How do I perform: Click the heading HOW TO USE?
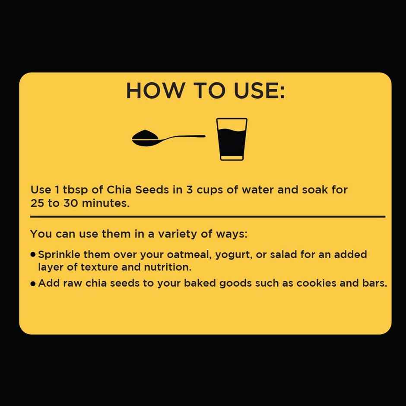[205, 91]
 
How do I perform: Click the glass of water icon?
[232, 139]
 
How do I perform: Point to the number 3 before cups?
[189, 190]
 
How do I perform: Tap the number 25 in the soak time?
[38, 203]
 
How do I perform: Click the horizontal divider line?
[207, 216]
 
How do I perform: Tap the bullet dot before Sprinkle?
[33, 255]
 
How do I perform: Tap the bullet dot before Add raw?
[33, 284]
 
